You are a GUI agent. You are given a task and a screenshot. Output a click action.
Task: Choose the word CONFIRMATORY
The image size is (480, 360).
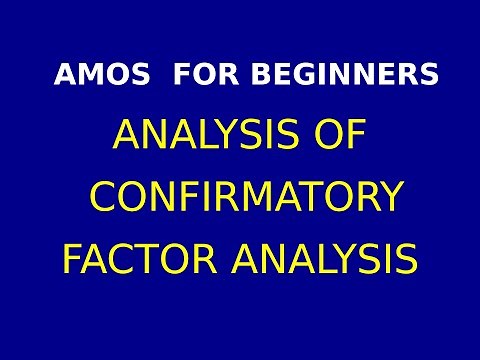tap(245, 197)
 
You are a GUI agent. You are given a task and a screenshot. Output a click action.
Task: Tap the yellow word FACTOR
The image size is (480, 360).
tap(139, 259)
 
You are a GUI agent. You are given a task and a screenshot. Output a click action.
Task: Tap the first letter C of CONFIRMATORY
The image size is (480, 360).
tap(103, 197)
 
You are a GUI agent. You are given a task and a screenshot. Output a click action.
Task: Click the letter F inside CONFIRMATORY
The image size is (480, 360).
tap(188, 197)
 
